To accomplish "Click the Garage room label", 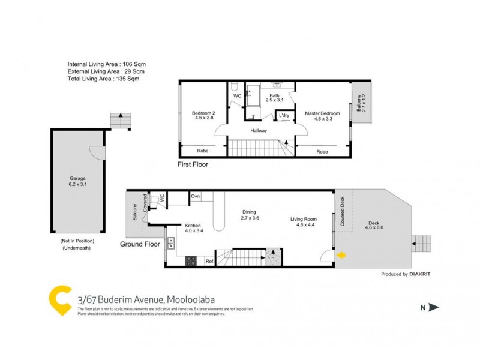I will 77,181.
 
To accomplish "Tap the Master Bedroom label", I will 322,116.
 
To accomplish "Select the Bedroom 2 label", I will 203,116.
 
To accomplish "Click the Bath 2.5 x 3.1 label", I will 274,98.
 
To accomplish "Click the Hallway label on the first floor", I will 259,130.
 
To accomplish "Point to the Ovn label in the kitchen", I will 196,196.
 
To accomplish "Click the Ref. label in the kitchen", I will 209,261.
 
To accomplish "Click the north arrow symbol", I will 434,308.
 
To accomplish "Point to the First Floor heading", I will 193,164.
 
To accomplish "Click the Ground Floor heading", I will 140,244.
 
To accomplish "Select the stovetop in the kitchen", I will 191,261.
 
